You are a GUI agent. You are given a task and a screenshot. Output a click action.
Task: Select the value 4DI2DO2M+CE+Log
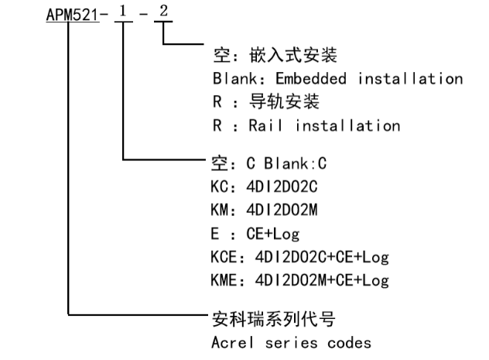point(316,280)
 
